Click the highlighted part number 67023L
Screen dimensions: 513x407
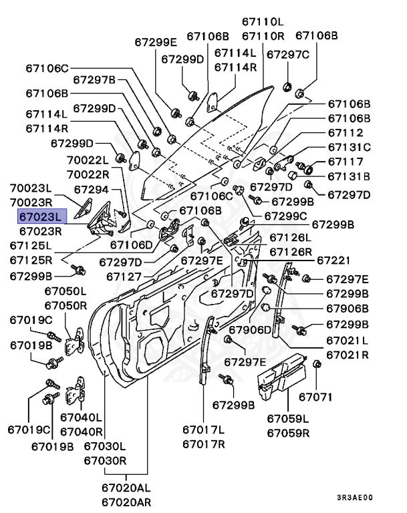pyautogui.click(x=40, y=217)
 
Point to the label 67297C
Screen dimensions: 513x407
pyautogui.click(x=288, y=54)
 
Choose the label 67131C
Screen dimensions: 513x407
pyautogui.click(x=348, y=147)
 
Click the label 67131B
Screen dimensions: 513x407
pyautogui.click(x=348, y=176)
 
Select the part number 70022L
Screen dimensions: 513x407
pyautogui.click(x=87, y=160)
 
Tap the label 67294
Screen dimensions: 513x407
pyautogui.click(x=96, y=190)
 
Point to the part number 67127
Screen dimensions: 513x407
pyautogui.click(x=124, y=276)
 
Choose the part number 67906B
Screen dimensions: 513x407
pyautogui.click(x=347, y=309)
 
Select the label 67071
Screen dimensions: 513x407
pyautogui.click(x=315, y=397)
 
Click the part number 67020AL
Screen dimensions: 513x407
pyautogui.click(x=126, y=489)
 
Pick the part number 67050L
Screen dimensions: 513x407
pyautogui.click(x=65, y=291)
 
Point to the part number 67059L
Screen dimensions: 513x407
pyautogui.click(x=288, y=418)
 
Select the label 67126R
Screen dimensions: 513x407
pyautogui.click(x=291, y=252)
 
